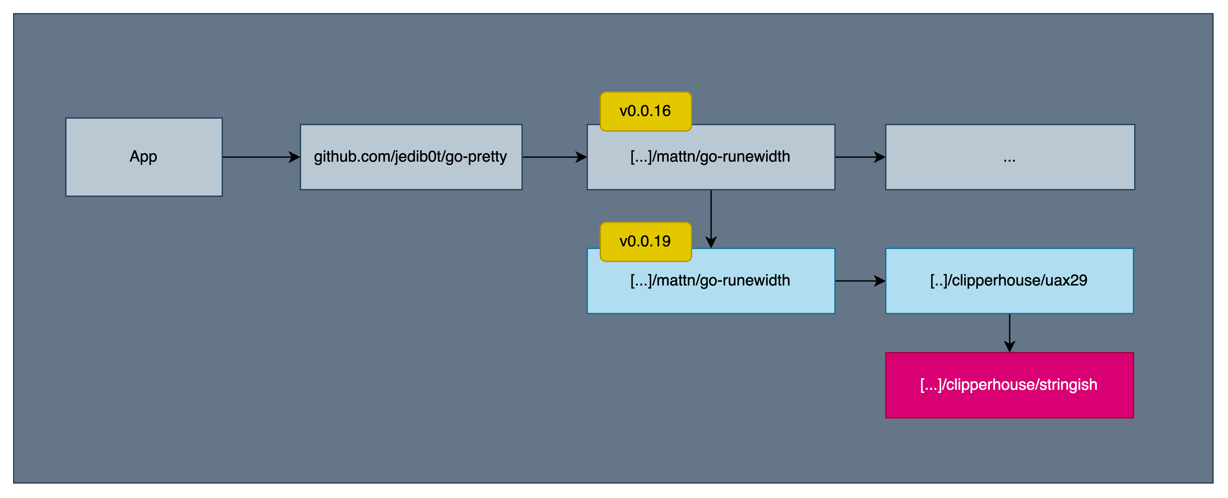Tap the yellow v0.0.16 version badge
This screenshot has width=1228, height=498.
645,111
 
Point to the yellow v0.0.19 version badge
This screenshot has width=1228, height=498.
645,242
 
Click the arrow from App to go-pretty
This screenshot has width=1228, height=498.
260,157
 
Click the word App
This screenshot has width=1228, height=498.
143,156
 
